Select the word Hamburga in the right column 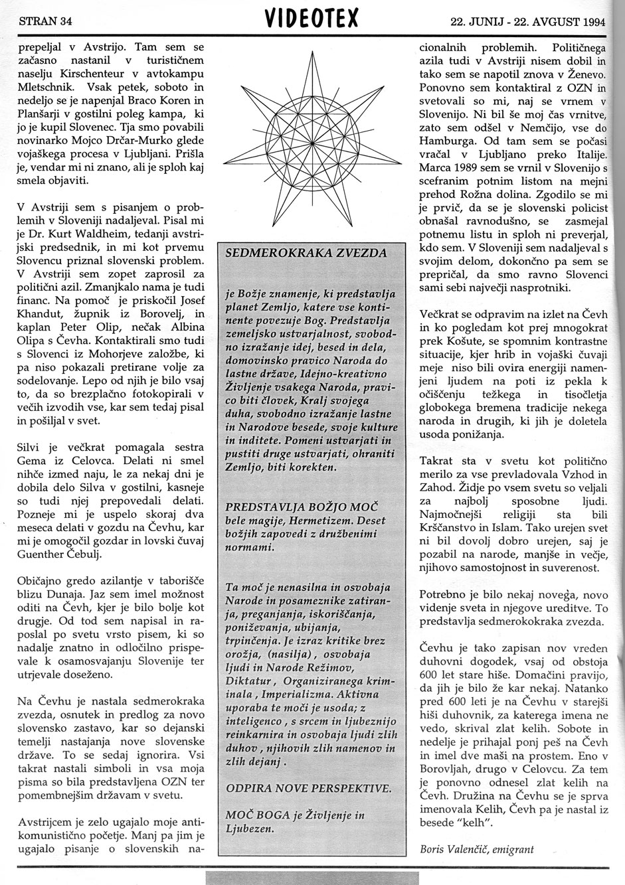click(445, 141)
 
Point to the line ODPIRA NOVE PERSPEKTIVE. click(308, 788)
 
